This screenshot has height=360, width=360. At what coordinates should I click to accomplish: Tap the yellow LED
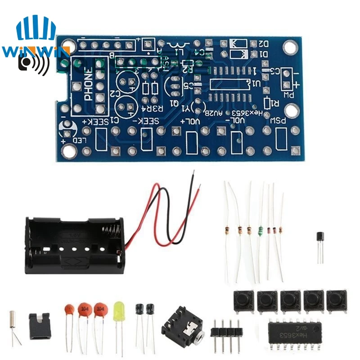(x=119, y=311)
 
